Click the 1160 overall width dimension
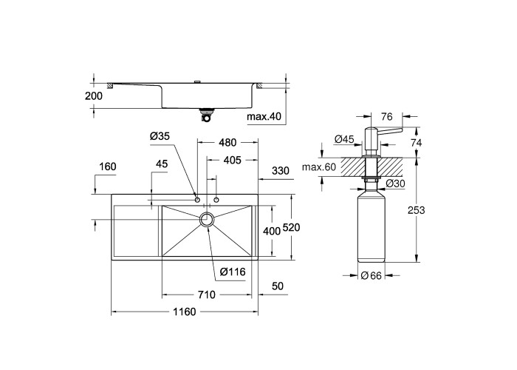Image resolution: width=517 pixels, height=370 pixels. [185, 312]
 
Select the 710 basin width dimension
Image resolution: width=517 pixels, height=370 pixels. [207, 295]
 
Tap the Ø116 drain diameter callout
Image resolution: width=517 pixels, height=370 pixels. [233, 272]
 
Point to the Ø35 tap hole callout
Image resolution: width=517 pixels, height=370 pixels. [160, 135]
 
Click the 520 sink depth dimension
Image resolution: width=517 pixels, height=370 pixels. [291, 227]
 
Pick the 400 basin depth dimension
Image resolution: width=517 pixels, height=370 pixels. [272, 231]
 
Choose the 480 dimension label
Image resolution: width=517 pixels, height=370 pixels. [227, 142]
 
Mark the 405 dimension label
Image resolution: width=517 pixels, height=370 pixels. [233, 161]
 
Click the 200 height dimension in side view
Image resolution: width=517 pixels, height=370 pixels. [94, 95]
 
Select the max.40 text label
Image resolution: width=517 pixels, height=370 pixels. [264, 116]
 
